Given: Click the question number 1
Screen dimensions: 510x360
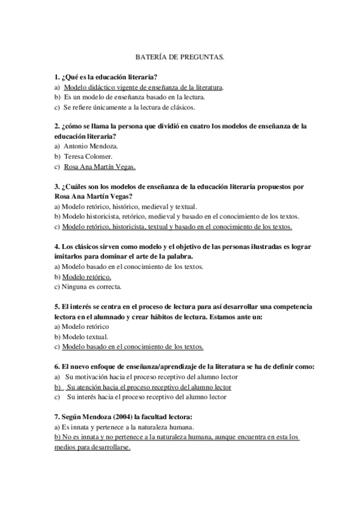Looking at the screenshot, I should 56,77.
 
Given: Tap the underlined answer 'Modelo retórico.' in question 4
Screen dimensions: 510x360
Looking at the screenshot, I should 87,277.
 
